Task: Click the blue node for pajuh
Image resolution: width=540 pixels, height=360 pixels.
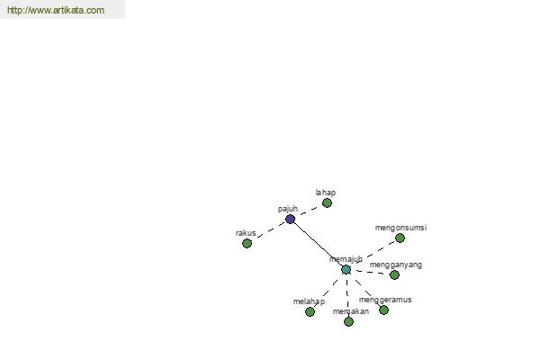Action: click(291, 219)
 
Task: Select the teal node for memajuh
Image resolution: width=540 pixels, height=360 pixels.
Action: click(346, 270)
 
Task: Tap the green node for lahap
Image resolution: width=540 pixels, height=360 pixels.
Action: click(327, 203)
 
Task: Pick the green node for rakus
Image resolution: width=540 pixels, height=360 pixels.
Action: click(247, 244)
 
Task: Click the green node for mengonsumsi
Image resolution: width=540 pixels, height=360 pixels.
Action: click(400, 238)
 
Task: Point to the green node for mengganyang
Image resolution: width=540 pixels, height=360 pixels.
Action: click(394, 274)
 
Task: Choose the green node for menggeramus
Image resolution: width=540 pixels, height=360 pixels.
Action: click(383, 310)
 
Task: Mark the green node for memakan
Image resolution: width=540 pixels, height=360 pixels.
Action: click(348, 322)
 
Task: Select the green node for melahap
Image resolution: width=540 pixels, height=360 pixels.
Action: click(310, 311)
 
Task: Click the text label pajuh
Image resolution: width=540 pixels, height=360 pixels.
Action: click(288, 209)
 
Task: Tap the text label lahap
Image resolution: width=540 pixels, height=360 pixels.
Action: click(326, 193)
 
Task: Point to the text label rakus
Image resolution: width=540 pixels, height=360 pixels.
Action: click(246, 233)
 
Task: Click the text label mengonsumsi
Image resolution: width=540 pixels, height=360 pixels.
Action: click(400, 228)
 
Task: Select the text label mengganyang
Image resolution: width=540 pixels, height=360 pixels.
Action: click(396, 265)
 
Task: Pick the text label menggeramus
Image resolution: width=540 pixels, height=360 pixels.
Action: click(385, 300)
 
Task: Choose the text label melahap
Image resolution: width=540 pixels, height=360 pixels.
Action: click(309, 301)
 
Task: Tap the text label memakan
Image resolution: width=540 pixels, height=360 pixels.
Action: click(351, 311)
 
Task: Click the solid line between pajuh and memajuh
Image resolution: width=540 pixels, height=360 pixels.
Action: click(319, 244)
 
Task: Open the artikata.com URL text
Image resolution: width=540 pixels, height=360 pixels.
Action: click(56, 10)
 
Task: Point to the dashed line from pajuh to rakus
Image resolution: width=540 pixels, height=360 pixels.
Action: click(271, 230)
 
